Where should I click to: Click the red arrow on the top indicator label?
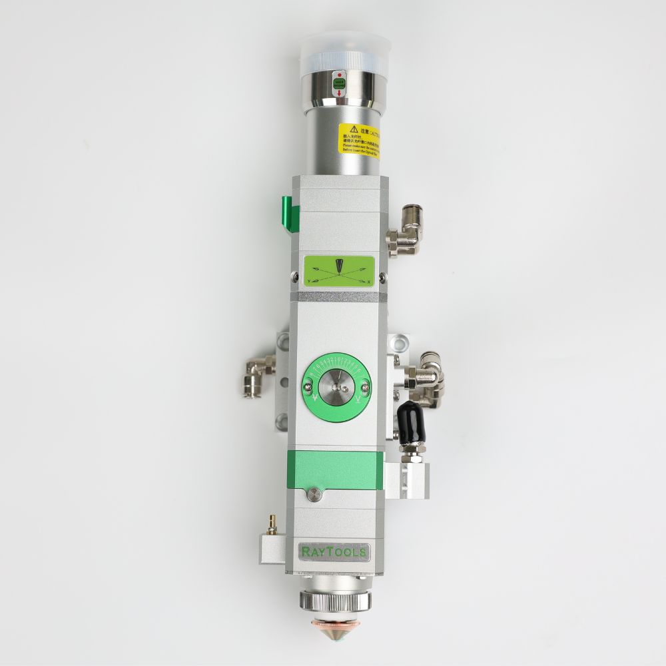[340, 93]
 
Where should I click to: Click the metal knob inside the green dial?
[339, 387]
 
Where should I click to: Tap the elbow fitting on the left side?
[257, 375]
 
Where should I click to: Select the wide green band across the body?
[334, 470]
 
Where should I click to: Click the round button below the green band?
[314, 494]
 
